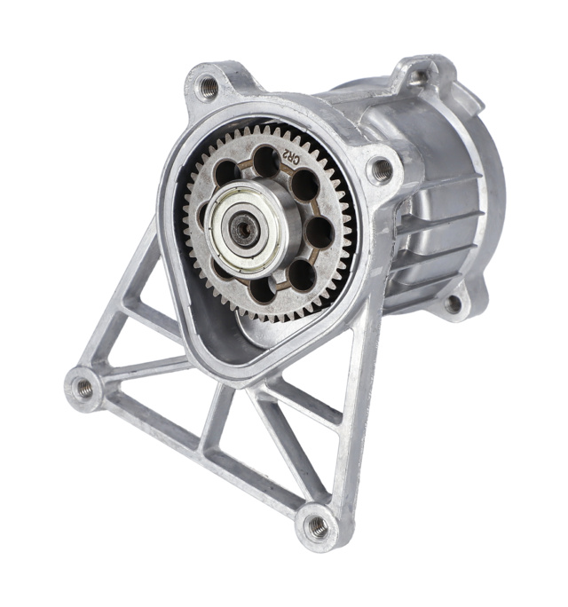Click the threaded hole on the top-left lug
click(x=208, y=87)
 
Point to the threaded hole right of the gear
click(x=381, y=169)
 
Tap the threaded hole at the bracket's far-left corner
click(x=83, y=387)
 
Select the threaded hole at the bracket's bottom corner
click(x=318, y=526)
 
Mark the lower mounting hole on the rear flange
click(x=454, y=303)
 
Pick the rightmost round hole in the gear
click(x=319, y=232)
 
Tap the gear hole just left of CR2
click(x=265, y=160)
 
